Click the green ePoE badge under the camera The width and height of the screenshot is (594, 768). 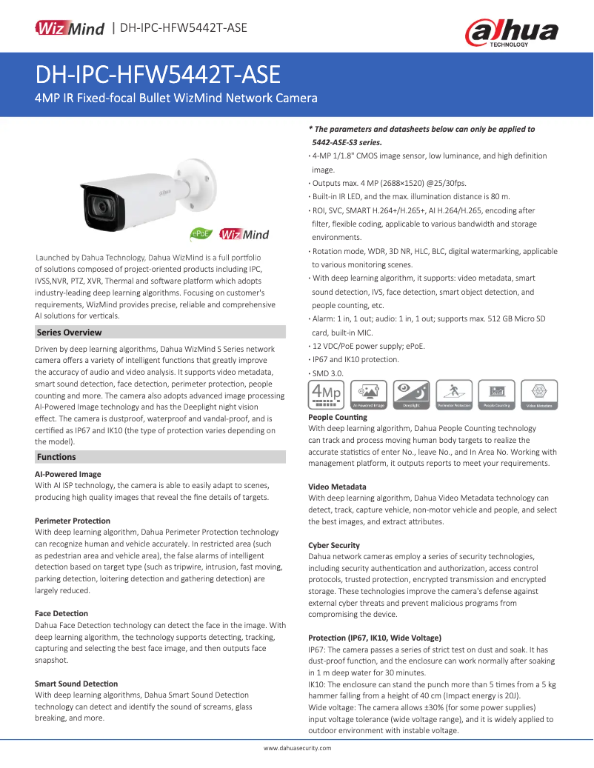202,234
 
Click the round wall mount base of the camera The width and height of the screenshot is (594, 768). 203,177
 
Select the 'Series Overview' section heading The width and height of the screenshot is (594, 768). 70,333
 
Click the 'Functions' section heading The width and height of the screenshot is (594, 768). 56,457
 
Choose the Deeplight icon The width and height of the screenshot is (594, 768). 411,395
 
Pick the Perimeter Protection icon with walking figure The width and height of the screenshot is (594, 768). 454,395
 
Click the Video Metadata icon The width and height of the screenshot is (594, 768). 540,395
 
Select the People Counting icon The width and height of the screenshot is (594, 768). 497,395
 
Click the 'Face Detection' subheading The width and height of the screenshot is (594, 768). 61,613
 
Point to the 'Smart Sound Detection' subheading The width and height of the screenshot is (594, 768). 76,684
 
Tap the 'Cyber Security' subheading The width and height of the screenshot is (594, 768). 334,545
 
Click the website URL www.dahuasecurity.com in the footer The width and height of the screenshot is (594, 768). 298,749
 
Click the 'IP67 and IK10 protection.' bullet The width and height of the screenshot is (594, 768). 355,359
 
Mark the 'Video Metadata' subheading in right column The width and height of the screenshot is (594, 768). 337,487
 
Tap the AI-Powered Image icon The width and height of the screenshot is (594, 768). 368,395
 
